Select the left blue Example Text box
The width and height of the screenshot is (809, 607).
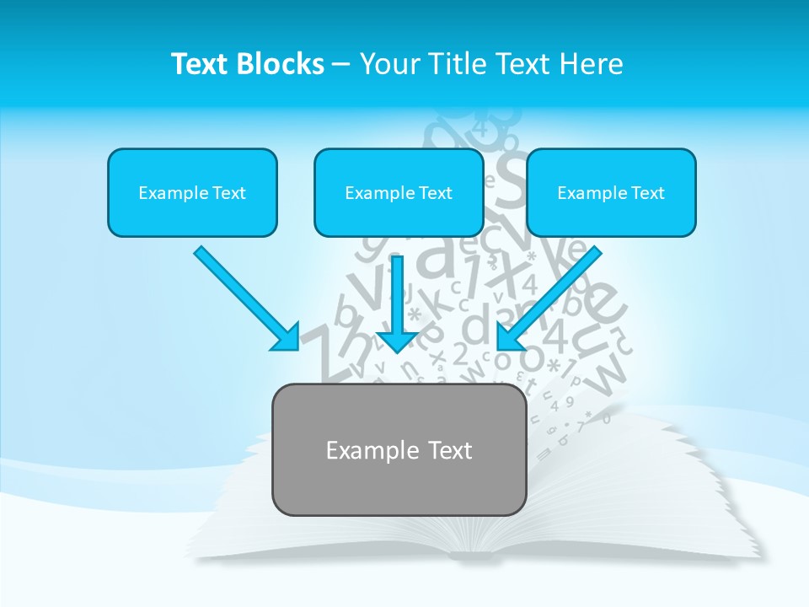192,192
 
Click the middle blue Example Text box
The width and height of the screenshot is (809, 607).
399,192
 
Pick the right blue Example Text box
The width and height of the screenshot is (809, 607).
611,192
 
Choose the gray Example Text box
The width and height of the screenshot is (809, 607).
399,450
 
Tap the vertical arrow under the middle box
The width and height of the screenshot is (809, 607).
399,299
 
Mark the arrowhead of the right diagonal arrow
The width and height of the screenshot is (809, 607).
510,337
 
